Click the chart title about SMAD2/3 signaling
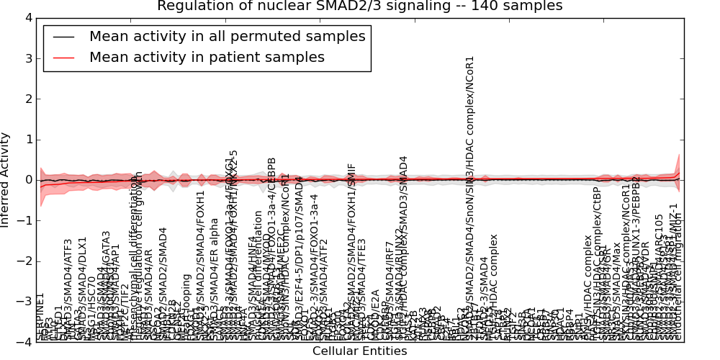(x=359, y=6)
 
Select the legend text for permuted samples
(x=227, y=36)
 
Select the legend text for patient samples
(x=207, y=57)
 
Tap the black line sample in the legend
(x=63, y=36)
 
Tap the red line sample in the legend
(x=63, y=57)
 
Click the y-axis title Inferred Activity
(x=6, y=179)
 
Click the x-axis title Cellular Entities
(x=359, y=351)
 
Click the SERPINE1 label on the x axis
(x=40, y=317)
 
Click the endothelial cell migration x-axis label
(x=678, y=277)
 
